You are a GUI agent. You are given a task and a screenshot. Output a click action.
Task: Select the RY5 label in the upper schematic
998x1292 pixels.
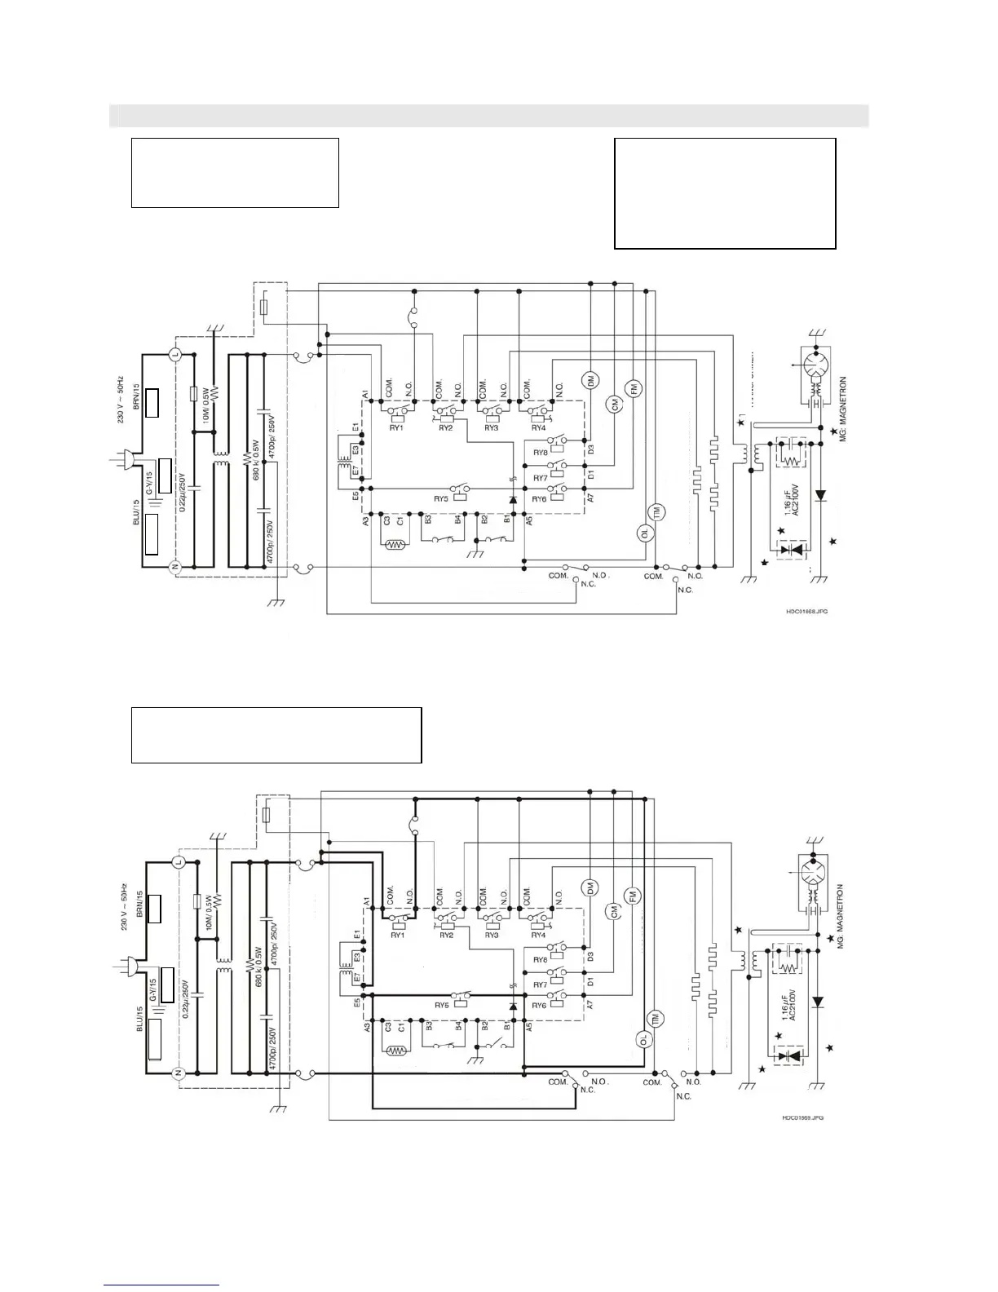441,498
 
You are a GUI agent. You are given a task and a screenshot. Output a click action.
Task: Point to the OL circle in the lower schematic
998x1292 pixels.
643,1039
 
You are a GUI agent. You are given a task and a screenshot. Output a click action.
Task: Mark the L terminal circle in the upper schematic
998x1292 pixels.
174,354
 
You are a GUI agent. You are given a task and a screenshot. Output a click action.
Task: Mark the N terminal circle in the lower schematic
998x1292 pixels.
178,1074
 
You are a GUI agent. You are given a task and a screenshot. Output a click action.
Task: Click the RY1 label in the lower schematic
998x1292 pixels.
397,935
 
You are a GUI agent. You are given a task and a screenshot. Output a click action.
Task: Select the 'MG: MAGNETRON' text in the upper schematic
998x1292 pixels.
842,408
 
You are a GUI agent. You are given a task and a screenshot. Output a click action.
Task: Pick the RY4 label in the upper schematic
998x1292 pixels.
538,427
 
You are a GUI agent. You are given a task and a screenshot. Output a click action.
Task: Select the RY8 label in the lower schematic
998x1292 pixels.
540,960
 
